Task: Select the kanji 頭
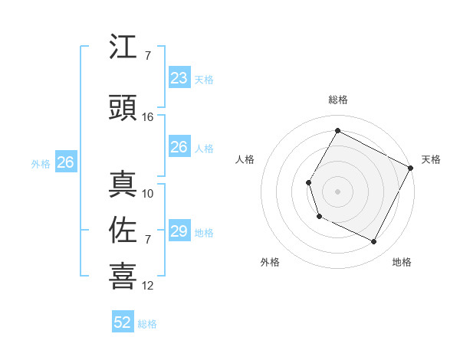pos(123,107)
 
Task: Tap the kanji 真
pos(123,185)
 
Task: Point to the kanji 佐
pos(123,231)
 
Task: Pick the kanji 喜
pos(123,277)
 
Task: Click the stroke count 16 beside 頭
pos(148,117)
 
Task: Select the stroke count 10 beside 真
pos(148,194)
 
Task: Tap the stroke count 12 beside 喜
pos(148,286)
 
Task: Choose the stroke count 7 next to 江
pos(147,56)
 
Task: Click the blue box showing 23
pos(179,78)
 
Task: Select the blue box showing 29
pos(179,231)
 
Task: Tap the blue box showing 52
pos(123,322)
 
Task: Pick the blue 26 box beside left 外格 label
pos(65,162)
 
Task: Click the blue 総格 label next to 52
pos(147,324)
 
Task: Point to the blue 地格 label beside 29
pos(204,233)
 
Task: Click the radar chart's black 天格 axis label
pos(431,159)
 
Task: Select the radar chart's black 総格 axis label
pos(337,100)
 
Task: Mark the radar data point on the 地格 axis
pos(374,242)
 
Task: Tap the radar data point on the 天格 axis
pos(411,167)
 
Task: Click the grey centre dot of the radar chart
pos(337,191)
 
